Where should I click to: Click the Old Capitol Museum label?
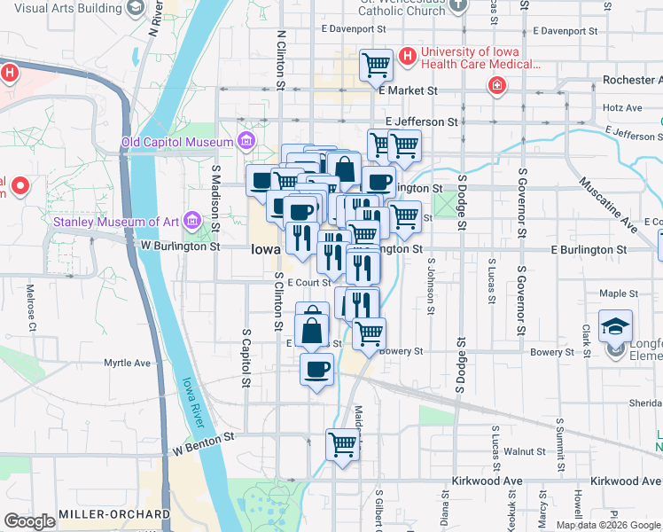point(177,142)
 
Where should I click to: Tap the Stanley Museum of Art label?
point(115,221)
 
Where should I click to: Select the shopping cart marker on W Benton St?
point(342,444)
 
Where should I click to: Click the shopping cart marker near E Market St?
point(376,65)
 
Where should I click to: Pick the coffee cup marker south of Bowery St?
point(316,369)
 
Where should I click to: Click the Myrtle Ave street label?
point(128,363)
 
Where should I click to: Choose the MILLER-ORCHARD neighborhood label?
point(113,514)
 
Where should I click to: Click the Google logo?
point(29,521)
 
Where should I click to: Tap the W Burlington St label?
point(180,246)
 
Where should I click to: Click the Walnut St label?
point(530,451)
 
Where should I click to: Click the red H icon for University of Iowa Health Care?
point(407,57)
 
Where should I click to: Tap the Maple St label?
point(619,293)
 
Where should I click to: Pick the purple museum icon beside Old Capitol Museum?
point(246,142)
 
